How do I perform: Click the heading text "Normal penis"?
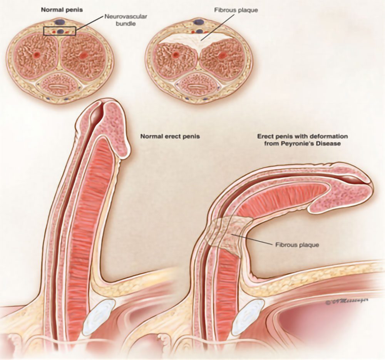(57, 9)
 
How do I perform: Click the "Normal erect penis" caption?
(170, 136)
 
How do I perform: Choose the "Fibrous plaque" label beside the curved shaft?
(297, 244)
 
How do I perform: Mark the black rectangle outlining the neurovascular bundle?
(59, 31)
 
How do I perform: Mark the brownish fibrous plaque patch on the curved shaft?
(227, 233)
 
